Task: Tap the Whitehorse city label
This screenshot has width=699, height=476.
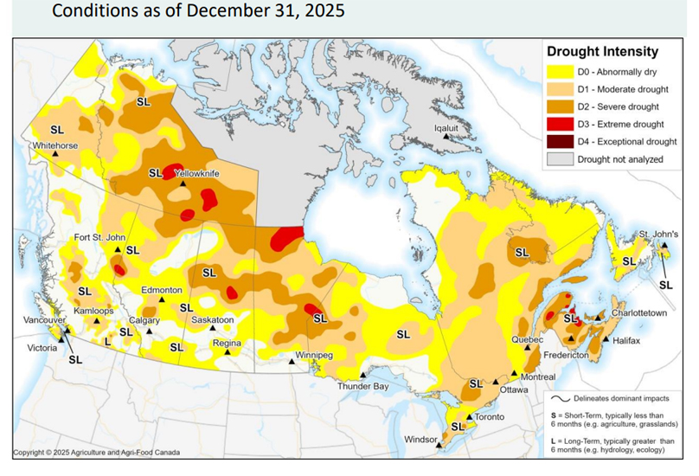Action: pyautogui.click(x=55, y=145)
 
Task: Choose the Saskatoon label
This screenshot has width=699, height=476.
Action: pyautogui.click(x=212, y=319)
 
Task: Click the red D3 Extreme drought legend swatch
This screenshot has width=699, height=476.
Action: pyautogui.click(x=558, y=123)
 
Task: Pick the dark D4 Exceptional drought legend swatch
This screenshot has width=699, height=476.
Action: pyautogui.click(x=558, y=141)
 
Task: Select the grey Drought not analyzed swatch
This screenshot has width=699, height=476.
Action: pyautogui.click(x=558, y=159)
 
